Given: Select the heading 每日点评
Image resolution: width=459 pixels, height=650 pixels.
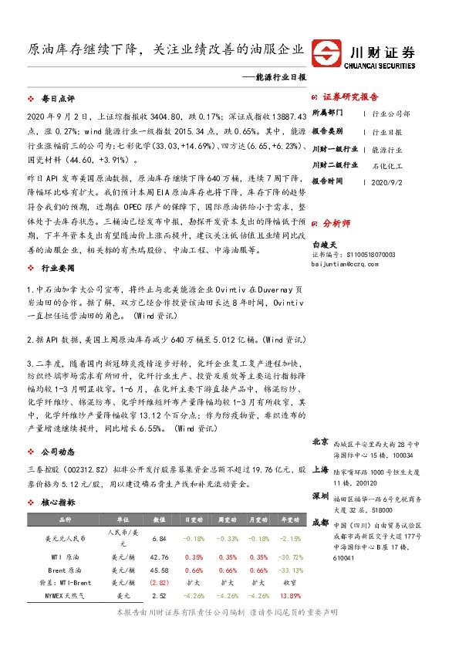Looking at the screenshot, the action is pos(58,100).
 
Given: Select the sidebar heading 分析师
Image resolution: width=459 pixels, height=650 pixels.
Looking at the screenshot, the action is pos(336,222).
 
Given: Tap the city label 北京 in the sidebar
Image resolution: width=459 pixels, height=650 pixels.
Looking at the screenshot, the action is pos(321,442).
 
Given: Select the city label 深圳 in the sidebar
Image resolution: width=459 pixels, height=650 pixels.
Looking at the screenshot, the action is pos(321,495).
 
